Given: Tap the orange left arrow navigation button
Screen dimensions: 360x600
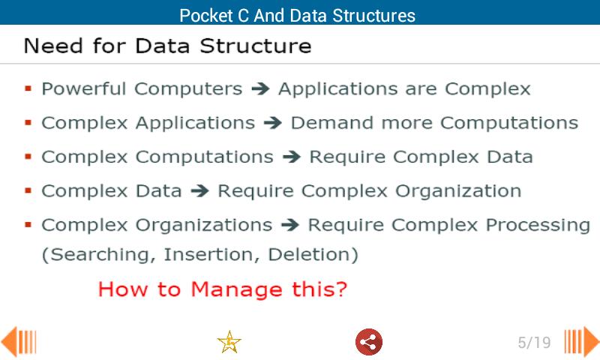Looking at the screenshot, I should [x=18, y=342].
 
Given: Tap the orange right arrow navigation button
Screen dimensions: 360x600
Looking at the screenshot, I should [x=582, y=342].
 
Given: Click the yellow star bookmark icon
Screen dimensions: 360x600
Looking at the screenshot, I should [x=229, y=342].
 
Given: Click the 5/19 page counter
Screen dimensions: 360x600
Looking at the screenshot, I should [x=534, y=343].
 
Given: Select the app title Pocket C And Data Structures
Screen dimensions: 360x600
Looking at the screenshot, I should [x=297, y=15].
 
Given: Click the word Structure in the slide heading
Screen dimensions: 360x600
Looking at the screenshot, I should [x=262, y=46].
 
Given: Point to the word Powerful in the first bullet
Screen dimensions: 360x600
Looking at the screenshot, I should [x=83, y=88].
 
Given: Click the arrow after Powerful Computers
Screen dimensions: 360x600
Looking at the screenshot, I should [x=260, y=88].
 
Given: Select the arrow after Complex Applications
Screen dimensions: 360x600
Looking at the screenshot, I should [x=273, y=122].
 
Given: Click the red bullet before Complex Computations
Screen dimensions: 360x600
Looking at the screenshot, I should [x=28, y=157].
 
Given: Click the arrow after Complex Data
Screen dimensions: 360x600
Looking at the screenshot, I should [x=199, y=190].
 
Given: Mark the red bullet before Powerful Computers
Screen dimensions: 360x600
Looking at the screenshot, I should [x=28, y=88].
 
